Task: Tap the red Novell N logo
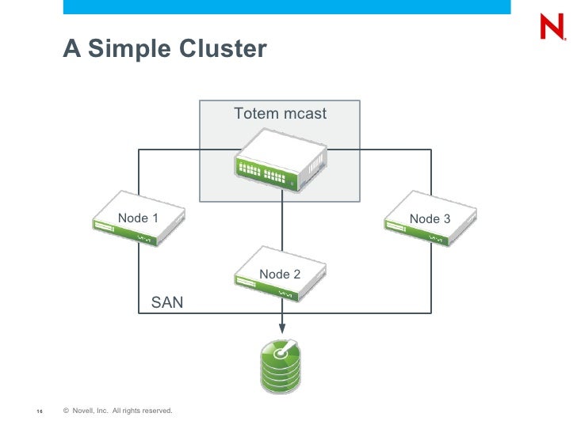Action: click(552, 28)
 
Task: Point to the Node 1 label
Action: click(138, 218)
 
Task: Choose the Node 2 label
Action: click(280, 274)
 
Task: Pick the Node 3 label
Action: click(430, 218)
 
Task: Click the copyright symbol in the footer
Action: click(66, 410)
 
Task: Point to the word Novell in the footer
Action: click(84, 410)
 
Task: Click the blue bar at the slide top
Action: click(285, 6)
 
